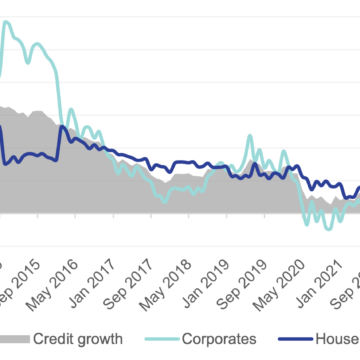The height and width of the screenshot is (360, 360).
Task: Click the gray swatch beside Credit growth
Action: click(14, 338)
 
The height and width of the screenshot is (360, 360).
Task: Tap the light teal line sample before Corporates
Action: click(154, 338)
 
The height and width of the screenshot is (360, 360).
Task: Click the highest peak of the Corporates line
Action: click(11, 22)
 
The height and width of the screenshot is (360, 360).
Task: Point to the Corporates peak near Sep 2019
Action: click(252, 138)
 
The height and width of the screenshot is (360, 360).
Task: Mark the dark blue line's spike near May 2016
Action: click(61, 127)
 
